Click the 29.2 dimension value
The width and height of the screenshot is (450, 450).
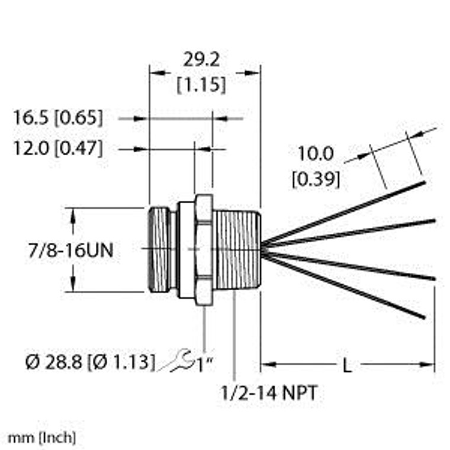(201, 60)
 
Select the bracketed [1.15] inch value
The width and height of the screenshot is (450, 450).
(201, 85)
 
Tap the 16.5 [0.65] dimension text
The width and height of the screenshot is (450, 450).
(58, 118)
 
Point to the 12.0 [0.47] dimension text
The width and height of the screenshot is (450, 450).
(58, 148)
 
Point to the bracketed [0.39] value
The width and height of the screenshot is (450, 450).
(316, 178)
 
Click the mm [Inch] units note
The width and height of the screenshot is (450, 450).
(41, 438)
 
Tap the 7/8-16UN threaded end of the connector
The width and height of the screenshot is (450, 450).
(158, 250)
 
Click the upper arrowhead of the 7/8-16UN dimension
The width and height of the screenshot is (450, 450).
(73, 214)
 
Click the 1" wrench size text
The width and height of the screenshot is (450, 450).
(204, 362)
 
